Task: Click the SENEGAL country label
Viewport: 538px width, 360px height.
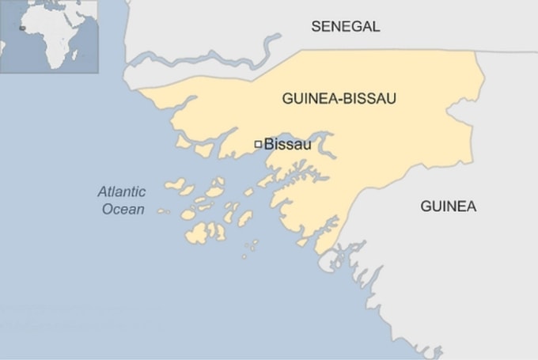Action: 345,26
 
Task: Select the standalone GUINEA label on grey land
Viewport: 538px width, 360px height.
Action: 448,207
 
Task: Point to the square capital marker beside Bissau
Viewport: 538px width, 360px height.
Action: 258,144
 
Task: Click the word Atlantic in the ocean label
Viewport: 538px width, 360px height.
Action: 122,191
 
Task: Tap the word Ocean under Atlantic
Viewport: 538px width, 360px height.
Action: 123,210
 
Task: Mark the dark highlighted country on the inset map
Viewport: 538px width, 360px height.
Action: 22,28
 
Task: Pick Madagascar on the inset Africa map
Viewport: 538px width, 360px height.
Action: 75,54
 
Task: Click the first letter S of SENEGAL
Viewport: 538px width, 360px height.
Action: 316,26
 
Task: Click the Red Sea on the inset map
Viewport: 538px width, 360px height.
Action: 69,20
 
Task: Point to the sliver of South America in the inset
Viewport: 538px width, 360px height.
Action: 2,46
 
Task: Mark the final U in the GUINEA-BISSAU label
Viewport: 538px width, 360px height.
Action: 391,99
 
